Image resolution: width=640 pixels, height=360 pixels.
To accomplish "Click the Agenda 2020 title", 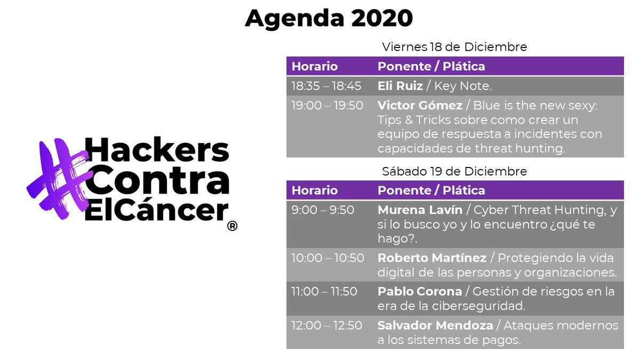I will point(329,19).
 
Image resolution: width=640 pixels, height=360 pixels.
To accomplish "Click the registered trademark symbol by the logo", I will point(232,226).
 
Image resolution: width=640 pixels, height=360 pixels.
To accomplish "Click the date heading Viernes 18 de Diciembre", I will point(454,47).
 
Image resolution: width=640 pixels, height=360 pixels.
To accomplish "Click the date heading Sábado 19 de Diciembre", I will point(454,172).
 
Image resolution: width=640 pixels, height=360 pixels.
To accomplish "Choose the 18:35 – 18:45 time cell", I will point(326,86).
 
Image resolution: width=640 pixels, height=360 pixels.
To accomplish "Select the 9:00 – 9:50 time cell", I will point(323,210).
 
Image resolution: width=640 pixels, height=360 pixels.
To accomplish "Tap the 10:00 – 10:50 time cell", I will point(327,258).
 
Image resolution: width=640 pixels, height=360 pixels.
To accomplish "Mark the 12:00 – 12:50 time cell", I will point(326,325).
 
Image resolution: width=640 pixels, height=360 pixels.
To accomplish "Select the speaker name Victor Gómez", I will point(420,106).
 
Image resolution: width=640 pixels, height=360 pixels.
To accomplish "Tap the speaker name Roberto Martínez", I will point(432,258).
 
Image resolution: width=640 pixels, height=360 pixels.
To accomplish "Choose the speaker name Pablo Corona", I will point(420,292).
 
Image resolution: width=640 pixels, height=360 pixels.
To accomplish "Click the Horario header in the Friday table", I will point(315,67).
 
